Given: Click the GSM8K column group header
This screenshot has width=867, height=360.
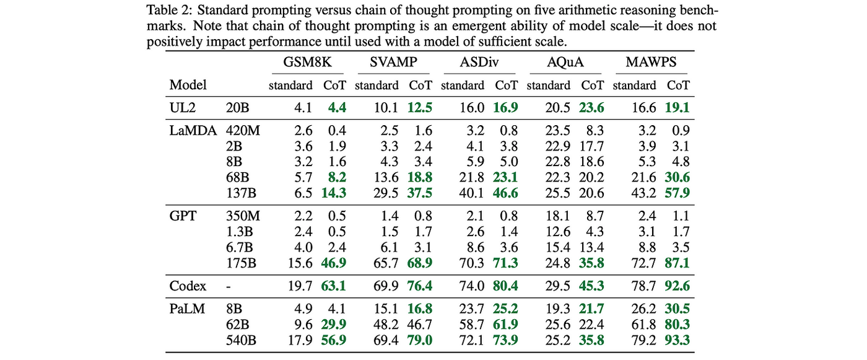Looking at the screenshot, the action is (307, 63).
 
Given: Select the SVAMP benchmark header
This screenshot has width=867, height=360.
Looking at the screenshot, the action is (393, 63).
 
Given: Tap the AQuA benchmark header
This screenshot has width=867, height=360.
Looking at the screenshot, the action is (565, 63).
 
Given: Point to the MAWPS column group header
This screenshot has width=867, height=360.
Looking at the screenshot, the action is (651, 63).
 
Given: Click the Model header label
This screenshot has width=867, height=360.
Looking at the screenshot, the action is (188, 85).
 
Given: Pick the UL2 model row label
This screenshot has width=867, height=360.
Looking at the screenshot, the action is (183, 108).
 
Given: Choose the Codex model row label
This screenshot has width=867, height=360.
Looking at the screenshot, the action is (188, 286).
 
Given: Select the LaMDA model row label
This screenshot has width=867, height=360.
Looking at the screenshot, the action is (193, 131).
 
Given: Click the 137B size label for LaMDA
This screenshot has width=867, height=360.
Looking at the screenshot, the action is (241, 193).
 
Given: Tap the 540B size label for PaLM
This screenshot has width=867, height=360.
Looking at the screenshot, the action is (241, 340).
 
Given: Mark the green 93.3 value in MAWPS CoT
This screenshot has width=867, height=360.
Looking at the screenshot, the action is (677, 340).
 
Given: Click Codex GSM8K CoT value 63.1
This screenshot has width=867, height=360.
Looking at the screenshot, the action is (334, 286).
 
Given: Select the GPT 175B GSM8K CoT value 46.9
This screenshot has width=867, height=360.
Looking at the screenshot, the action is (334, 263).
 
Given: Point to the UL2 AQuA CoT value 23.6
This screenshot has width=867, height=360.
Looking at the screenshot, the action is (591, 108).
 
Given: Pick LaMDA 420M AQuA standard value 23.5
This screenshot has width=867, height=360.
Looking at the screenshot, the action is (558, 131).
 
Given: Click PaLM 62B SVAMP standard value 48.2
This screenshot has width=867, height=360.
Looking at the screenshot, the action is (386, 325).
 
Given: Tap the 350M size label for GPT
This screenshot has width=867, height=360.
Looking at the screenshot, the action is (243, 216).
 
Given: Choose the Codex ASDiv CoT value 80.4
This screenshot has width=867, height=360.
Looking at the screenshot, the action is (505, 286).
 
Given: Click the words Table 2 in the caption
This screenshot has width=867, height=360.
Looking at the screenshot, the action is (168, 10).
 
